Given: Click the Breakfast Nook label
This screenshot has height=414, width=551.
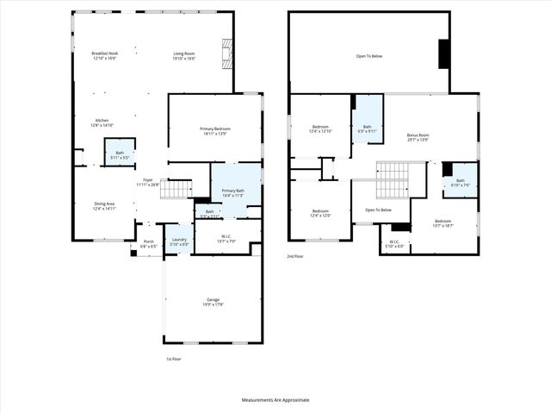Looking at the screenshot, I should [x=105, y=56].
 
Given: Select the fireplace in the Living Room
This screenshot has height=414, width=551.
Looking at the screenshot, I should [x=226, y=54].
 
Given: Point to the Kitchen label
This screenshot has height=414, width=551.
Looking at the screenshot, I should [x=102, y=122].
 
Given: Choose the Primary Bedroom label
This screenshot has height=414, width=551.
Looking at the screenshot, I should [x=216, y=130].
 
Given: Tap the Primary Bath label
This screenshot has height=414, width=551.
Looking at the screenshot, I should [x=233, y=193].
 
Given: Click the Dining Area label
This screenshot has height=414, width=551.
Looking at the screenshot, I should [x=105, y=206].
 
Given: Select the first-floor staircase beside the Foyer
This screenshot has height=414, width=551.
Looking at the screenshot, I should [x=176, y=189].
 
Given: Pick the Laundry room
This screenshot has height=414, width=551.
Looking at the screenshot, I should [x=179, y=241].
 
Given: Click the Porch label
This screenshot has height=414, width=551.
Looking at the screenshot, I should [x=148, y=244].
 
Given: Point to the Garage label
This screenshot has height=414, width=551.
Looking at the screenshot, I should [x=213, y=302].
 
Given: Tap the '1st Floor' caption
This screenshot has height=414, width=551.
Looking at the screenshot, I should [x=174, y=358].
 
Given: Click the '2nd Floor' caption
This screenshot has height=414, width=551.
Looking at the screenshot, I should [x=295, y=256].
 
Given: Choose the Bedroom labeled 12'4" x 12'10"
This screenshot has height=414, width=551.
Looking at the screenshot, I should [x=320, y=129].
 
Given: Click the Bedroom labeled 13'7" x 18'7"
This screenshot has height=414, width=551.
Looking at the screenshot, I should [x=443, y=224].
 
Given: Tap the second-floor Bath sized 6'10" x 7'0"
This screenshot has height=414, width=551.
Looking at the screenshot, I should [x=460, y=183].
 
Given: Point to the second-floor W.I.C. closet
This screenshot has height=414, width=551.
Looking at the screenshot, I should [x=393, y=244].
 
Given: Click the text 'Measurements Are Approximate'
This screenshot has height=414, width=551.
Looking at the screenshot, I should [x=275, y=400].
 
